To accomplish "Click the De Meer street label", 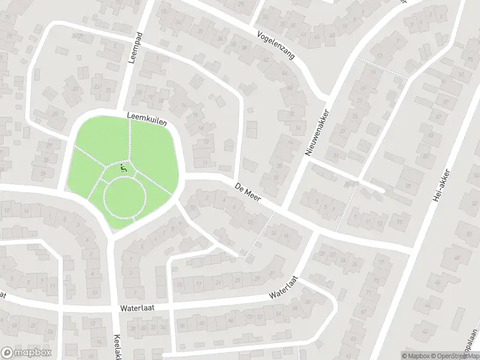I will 247,193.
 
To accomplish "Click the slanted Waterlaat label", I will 284,287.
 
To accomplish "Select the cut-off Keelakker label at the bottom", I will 117,346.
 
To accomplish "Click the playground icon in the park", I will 124,169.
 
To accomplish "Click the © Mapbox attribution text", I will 415,356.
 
